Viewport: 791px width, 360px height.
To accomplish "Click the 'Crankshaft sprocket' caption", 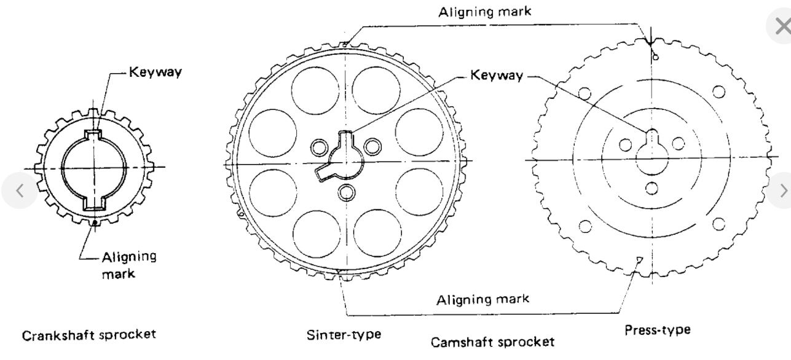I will click(x=89, y=335).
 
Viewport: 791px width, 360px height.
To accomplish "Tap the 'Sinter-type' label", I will click(x=344, y=335).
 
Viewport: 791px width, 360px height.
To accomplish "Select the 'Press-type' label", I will click(x=657, y=330).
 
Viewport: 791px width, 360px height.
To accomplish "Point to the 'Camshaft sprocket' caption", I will click(x=492, y=342).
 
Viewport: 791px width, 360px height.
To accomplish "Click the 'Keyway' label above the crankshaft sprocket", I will click(x=155, y=73).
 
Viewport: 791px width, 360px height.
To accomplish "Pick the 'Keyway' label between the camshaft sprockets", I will click(x=497, y=76).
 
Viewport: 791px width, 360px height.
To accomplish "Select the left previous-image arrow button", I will click(x=19, y=191).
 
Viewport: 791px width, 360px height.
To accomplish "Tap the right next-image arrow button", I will click(x=782, y=191).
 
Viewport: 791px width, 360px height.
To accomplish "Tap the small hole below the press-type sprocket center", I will click(x=652, y=187).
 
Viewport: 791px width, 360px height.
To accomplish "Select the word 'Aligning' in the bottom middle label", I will click(x=459, y=300).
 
